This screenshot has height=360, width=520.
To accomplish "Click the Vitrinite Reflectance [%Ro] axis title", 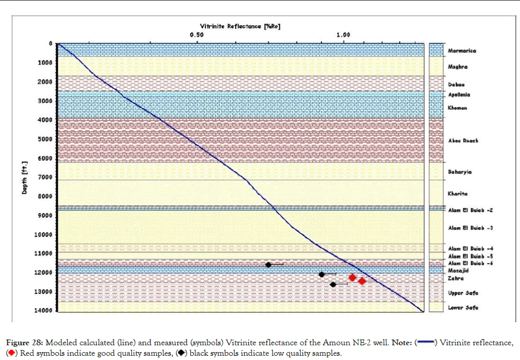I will tap(240, 26).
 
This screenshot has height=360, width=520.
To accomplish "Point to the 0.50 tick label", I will tap(196, 35).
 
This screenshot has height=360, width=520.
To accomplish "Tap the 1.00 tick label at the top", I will tap(343, 35).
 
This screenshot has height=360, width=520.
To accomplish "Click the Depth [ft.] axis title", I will tap(24, 177).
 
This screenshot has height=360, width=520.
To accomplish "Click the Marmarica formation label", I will tap(462, 51).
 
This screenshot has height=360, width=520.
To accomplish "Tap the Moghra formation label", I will tap(457, 67).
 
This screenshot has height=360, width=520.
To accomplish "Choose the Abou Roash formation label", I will tap(463, 141).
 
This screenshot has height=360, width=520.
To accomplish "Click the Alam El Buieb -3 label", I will tap(470, 228).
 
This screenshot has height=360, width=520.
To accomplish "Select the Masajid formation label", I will tap(457, 270).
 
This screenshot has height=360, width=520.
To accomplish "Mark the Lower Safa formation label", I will tap(463, 307).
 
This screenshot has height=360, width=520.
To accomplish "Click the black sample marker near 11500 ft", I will tap(268, 264).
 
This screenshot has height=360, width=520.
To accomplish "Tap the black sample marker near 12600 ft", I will tap(333, 284).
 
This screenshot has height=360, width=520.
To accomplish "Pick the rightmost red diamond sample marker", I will tap(362, 281).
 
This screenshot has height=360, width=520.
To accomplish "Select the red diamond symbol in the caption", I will tap(12, 353).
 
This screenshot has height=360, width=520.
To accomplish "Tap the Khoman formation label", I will tap(457, 108).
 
